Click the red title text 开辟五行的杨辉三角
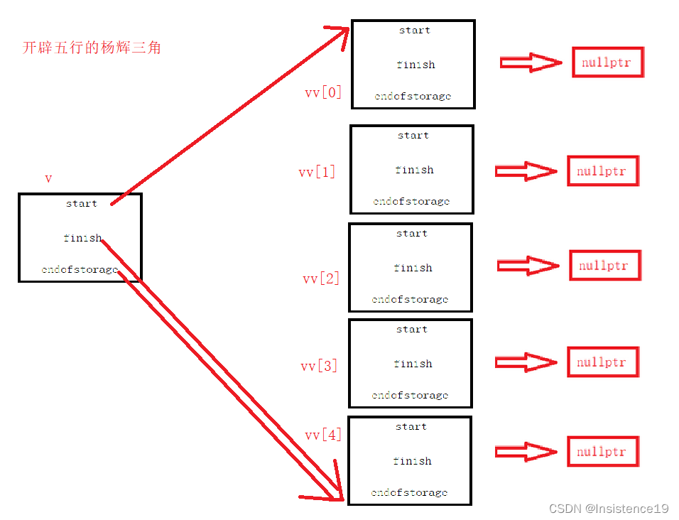[x=92, y=48]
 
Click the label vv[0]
[x=323, y=92]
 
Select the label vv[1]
[x=317, y=172]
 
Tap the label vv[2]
[x=321, y=278]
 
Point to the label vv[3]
[x=319, y=366]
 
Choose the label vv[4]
[x=323, y=435]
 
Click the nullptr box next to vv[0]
[x=607, y=63]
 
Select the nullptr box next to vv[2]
[x=604, y=266]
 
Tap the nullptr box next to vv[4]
[x=602, y=452]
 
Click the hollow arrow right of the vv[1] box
[x=526, y=171]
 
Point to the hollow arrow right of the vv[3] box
[x=526, y=362]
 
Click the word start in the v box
[x=82, y=204]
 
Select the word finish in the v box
[x=82, y=238]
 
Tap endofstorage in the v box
[x=80, y=270]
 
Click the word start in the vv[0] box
[x=414, y=31]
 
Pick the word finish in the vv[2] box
[x=412, y=268]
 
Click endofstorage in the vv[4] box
[x=409, y=492]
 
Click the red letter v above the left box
[x=48, y=179]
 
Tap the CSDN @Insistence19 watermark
[x=609, y=509]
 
